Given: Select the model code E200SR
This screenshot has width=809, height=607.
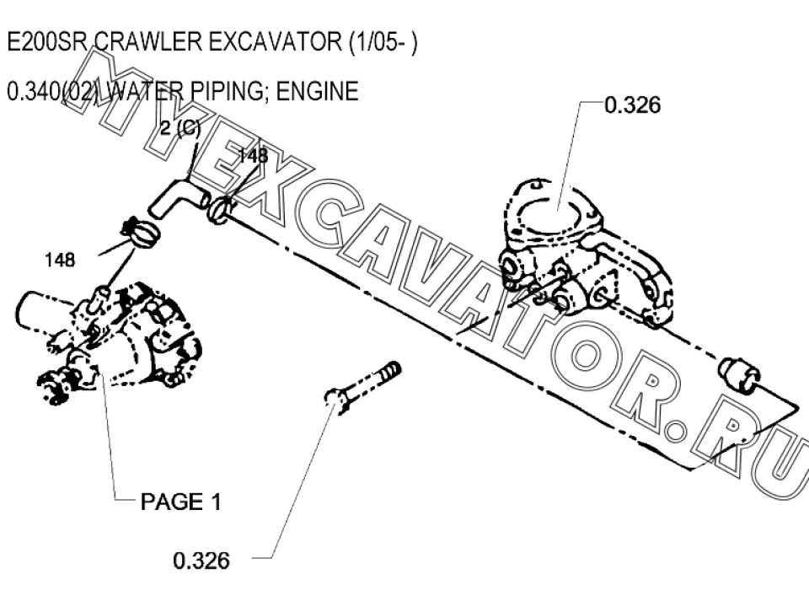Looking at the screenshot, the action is (46, 42).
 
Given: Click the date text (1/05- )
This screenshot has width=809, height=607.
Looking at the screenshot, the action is (383, 42).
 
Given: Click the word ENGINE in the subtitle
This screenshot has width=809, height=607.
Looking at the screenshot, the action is (318, 91).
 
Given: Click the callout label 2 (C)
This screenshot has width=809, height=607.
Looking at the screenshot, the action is (180, 127).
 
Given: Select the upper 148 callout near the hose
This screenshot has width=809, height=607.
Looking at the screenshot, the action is (253, 155).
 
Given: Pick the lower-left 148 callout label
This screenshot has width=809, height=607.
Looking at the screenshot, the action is (60, 261).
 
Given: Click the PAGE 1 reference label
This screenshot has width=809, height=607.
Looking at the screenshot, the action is (181, 501).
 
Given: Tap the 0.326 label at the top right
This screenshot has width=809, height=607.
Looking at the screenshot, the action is (633, 105).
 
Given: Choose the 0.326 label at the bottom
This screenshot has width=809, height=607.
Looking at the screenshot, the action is (201, 561).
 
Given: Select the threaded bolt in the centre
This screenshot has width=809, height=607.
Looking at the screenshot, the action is (362, 384).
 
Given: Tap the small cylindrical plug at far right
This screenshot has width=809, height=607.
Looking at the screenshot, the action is (738, 375).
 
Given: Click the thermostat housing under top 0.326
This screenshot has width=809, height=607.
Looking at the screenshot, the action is (586, 253).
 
